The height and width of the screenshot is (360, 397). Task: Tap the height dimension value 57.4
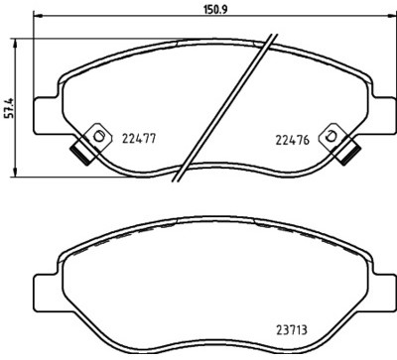coord(8,104)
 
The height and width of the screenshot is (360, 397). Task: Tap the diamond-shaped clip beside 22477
coord(97,135)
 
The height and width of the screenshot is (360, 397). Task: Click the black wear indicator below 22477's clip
coord(77,154)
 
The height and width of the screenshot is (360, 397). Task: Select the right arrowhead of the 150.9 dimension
coord(385,19)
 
